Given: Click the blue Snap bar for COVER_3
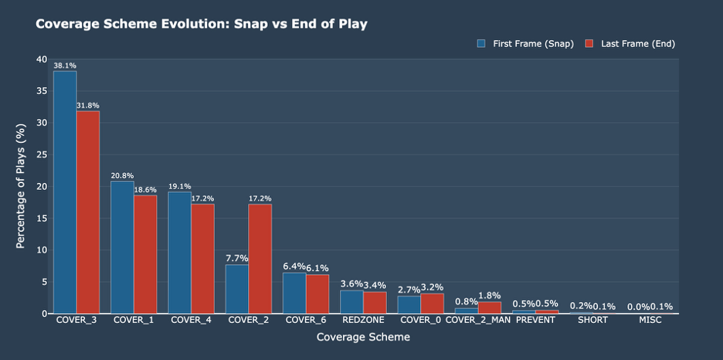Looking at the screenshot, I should coord(65,192).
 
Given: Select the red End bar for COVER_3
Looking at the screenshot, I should coord(88,212).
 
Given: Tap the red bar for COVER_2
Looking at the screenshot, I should coord(260,259).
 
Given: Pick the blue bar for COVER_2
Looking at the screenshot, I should coord(237,289).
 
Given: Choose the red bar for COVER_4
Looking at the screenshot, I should coord(202,259).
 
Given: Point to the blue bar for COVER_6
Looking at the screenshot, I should coord(294,293).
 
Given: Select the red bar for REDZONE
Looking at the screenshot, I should coord(375,302).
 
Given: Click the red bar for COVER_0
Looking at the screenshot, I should coord(432,303).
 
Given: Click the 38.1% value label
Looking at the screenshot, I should coord(65,66).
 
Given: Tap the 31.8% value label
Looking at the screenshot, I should coord(88,106).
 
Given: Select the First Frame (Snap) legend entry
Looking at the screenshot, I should coord(525,44).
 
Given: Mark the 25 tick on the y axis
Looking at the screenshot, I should coord(42,155).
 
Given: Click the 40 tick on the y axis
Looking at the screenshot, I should coord(42,59).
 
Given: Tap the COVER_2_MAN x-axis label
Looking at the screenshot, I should coord(478,320).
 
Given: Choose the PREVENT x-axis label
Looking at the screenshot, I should coord(535,320).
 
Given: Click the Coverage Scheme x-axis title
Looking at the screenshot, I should coord(363,338).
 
